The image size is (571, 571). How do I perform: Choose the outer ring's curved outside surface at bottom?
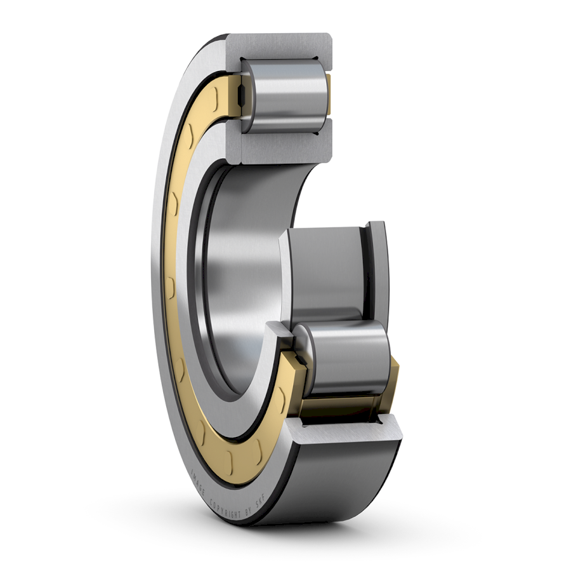pos(343,483)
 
